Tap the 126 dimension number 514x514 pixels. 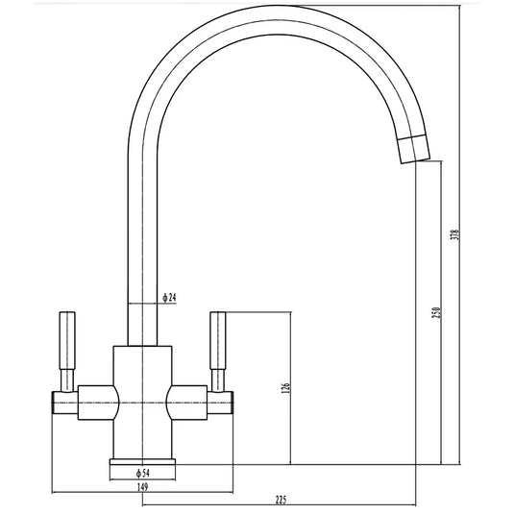point(285,387)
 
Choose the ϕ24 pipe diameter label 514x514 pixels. point(169,298)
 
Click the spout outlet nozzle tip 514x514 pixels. point(414,149)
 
